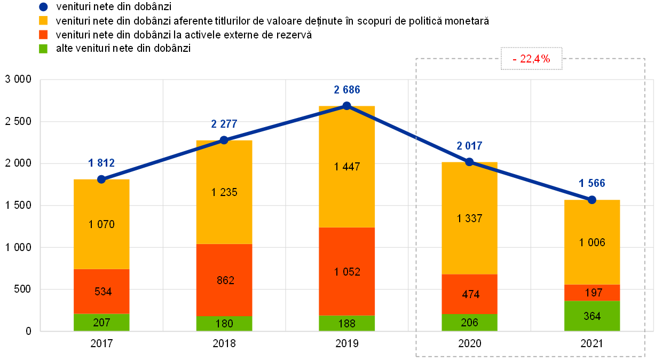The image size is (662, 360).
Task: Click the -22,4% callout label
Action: point(531,59)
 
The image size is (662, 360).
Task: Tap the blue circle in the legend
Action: point(43,7)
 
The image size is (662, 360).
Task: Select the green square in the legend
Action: point(43,49)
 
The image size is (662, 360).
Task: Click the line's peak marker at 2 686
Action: point(346,105)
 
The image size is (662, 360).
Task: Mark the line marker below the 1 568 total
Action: point(592,200)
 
